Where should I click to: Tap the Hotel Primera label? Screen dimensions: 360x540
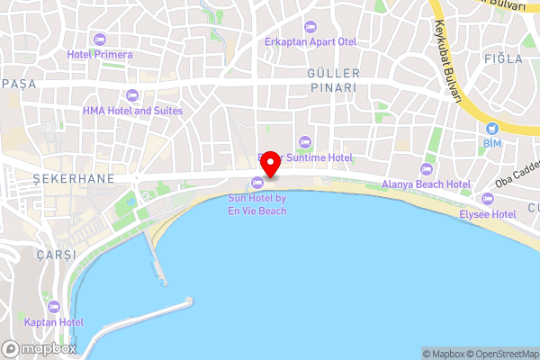tap(99, 54)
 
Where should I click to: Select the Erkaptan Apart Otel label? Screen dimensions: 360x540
tap(310, 41)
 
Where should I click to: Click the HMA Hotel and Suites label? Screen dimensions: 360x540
tap(132, 111)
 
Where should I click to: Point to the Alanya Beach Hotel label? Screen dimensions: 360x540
tap(426, 184)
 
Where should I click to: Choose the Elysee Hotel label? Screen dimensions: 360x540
tap(487, 214)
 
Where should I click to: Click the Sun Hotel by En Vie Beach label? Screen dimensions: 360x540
tap(257, 204)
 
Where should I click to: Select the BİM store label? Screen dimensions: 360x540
tap(490, 143)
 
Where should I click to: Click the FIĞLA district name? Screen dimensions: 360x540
tap(502, 58)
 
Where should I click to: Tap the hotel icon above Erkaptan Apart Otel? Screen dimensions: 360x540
tap(310, 26)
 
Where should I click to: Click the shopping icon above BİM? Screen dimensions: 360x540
tap(490, 129)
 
